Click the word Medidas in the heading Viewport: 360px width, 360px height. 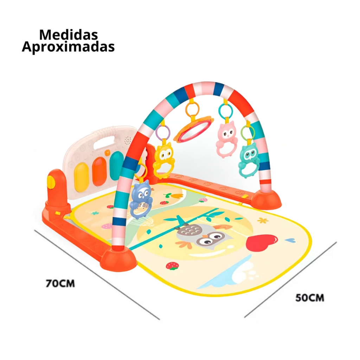69,35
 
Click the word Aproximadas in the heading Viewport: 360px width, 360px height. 68,47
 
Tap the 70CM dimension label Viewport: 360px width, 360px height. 60,283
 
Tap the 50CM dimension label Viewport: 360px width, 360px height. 310,297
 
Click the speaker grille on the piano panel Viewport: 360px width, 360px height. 128,140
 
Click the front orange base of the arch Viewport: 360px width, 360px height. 119,259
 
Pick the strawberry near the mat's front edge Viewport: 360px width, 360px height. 172,266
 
